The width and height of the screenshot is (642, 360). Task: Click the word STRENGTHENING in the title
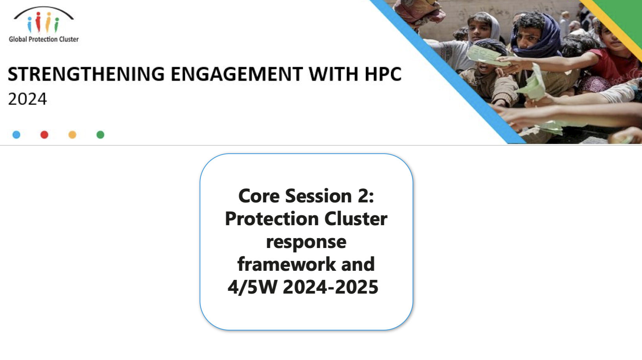coord(86,74)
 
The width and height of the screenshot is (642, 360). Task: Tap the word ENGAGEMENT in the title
coord(237,74)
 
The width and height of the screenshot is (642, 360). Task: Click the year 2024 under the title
coord(27,99)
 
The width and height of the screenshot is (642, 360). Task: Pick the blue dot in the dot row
coord(17,135)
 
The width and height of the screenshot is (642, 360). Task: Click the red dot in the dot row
coord(44,135)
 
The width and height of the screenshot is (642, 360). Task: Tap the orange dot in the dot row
coord(73,135)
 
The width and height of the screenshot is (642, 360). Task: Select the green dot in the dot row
coord(100,135)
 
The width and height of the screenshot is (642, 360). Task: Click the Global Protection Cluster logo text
coord(44,39)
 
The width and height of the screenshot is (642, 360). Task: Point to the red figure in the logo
coord(38,22)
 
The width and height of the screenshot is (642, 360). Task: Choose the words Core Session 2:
coord(306,196)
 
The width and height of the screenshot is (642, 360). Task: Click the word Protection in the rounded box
coord(272,219)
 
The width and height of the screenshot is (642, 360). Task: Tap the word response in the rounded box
coord(306,242)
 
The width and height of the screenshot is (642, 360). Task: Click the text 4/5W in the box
coord(252,287)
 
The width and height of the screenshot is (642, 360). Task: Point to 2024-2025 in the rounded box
coord(330,287)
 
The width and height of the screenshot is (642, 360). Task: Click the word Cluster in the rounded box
coord(356,219)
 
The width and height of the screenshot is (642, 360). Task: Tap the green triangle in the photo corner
coord(625,14)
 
